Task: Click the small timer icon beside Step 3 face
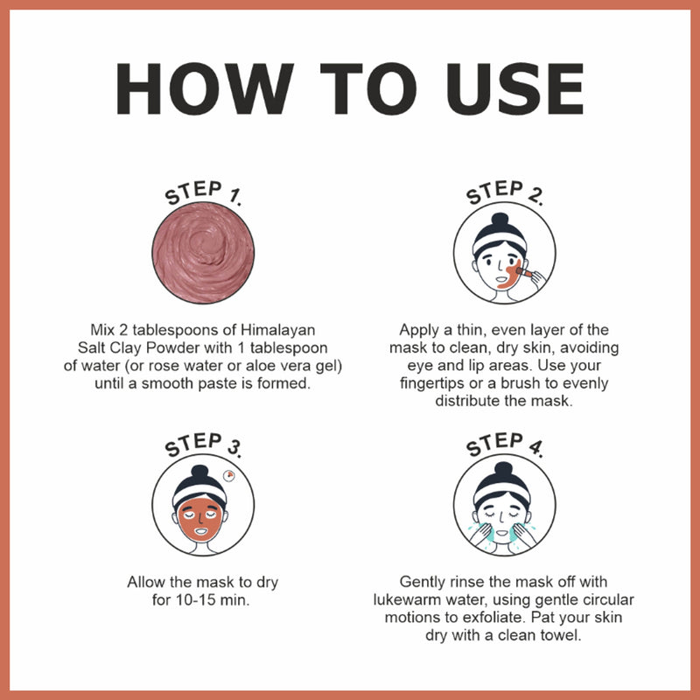click(229, 476)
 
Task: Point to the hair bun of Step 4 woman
click(505, 470)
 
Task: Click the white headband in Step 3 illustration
click(202, 496)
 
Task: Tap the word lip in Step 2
click(458, 367)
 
